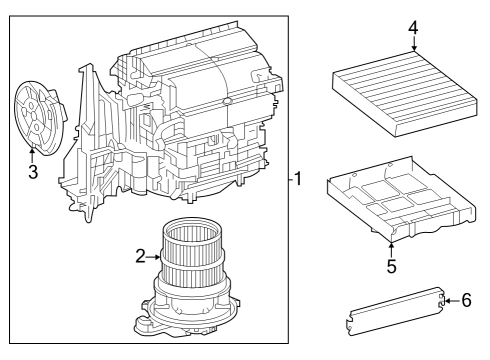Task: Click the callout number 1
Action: [x=297, y=180]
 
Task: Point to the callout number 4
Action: [x=412, y=27]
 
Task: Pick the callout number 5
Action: [x=392, y=266]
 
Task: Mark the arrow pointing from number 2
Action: [x=155, y=258]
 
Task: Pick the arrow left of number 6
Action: [x=449, y=299]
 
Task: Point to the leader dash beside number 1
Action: [x=288, y=180]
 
